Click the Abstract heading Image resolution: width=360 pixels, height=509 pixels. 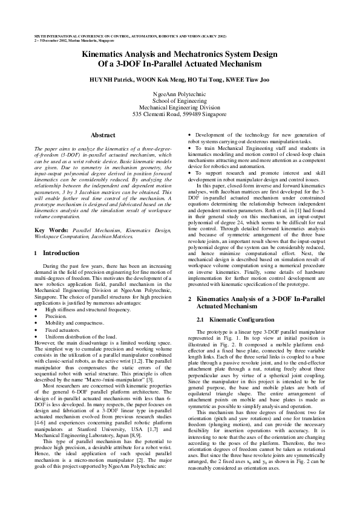(103, 134)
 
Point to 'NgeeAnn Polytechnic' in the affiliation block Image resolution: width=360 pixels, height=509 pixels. (179, 94)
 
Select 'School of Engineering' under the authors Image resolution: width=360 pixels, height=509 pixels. (179, 100)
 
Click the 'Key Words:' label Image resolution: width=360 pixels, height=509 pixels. (51, 247)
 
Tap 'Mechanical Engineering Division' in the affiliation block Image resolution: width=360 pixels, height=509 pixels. (179, 107)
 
